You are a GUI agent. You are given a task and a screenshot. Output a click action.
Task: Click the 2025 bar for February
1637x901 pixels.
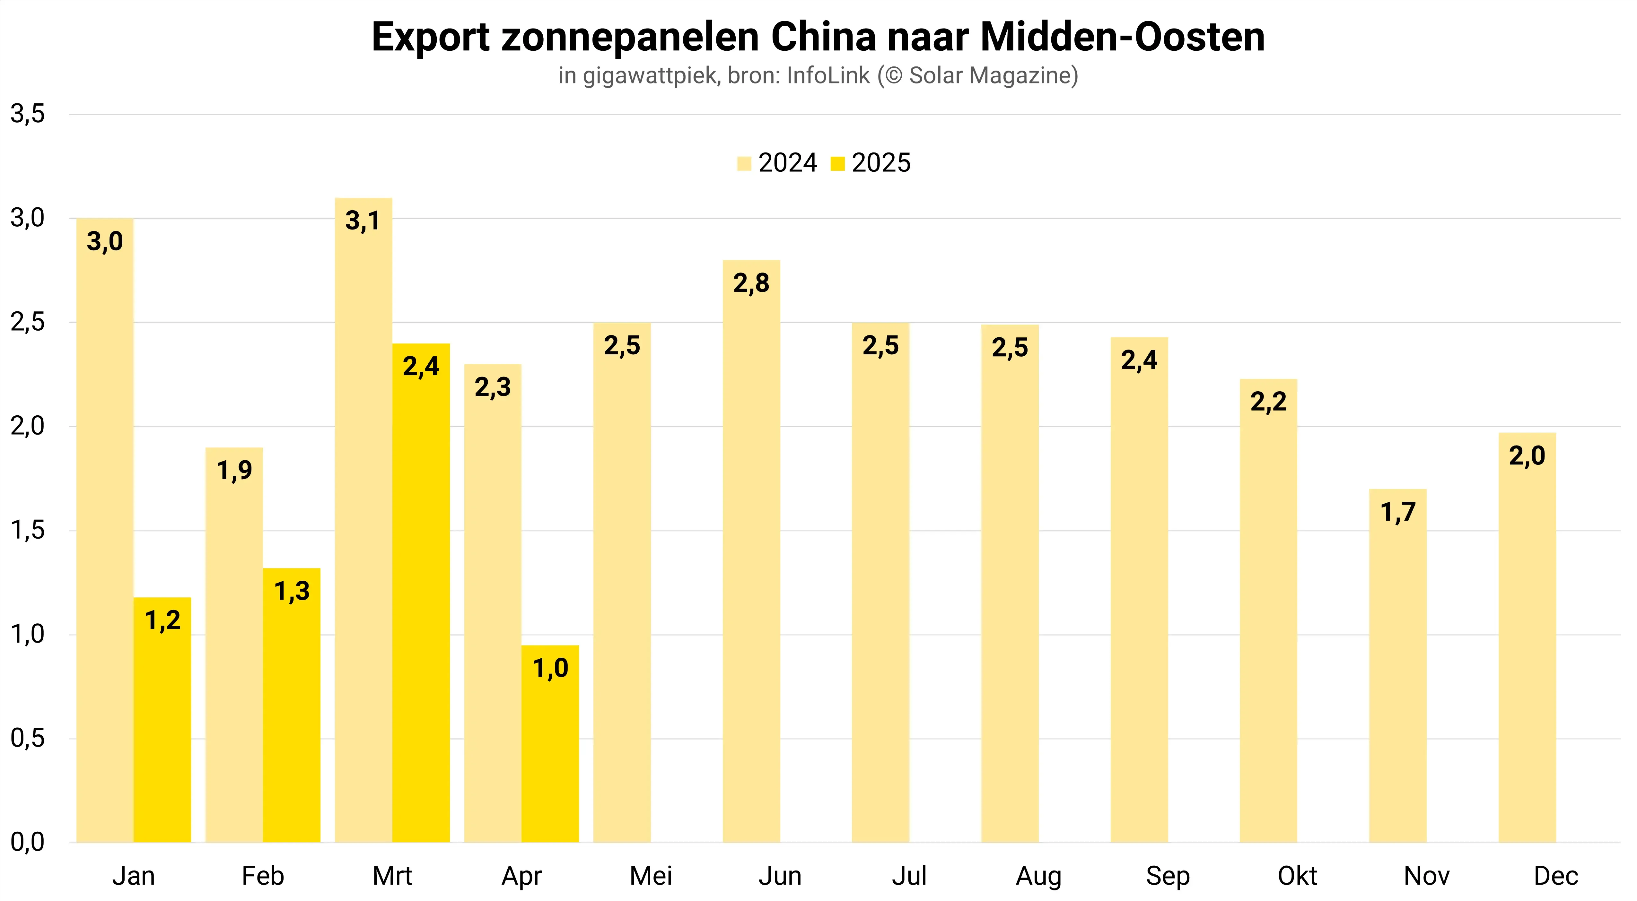pos(292,705)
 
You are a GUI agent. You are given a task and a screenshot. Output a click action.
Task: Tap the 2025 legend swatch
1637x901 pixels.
pos(837,164)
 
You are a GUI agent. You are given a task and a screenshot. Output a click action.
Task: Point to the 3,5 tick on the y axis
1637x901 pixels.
pos(28,114)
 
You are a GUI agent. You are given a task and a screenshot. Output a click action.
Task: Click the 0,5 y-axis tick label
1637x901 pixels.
pos(28,738)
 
